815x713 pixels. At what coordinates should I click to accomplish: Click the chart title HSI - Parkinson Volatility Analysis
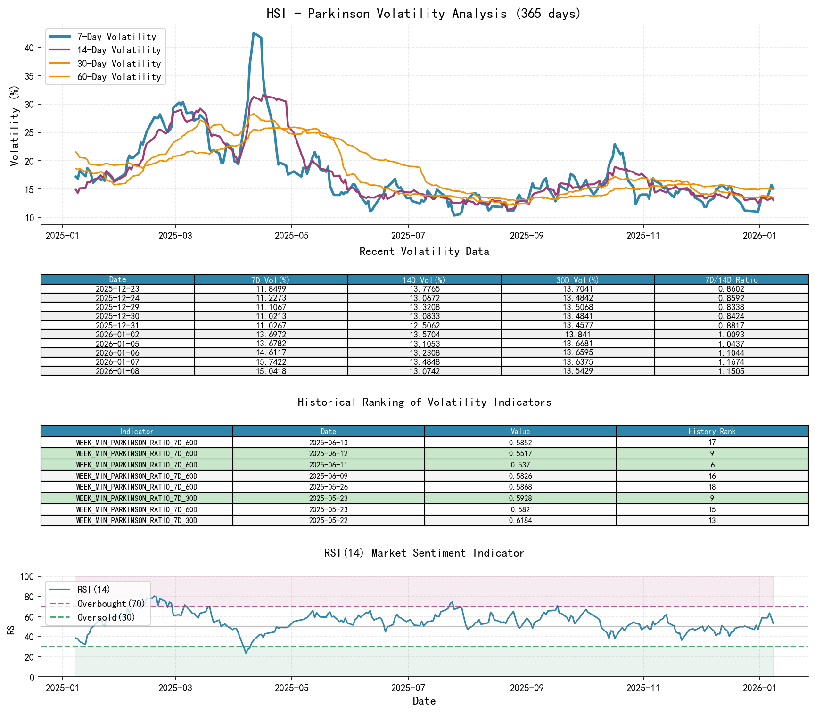click(424, 14)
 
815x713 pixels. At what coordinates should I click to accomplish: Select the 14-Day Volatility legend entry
click(119, 50)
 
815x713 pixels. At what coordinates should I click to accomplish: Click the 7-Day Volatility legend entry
click(116, 37)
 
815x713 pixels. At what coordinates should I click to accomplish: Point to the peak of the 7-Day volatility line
click(254, 33)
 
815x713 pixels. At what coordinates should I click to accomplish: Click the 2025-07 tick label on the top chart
click(408, 236)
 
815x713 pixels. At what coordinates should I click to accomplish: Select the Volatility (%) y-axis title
click(15, 125)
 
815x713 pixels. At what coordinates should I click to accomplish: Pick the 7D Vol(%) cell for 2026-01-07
click(271, 362)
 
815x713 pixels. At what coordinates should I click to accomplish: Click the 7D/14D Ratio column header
click(731, 279)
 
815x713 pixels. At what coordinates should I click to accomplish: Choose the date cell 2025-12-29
click(117, 307)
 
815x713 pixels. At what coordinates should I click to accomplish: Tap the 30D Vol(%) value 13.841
click(578, 335)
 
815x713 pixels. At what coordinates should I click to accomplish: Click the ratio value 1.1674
click(731, 362)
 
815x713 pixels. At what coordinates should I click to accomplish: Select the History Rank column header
click(712, 431)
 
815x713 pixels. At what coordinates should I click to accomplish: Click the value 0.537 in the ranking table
click(520, 465)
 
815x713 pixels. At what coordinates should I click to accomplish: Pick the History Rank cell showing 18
click(712, 487)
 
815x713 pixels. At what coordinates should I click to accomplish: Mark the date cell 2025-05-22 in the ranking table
click(328, 520)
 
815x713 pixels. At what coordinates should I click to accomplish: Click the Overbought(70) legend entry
click(111, 604)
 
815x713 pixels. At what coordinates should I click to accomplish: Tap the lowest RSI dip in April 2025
click(246, 653)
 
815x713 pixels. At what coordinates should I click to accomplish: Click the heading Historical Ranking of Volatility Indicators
click(424, 402)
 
